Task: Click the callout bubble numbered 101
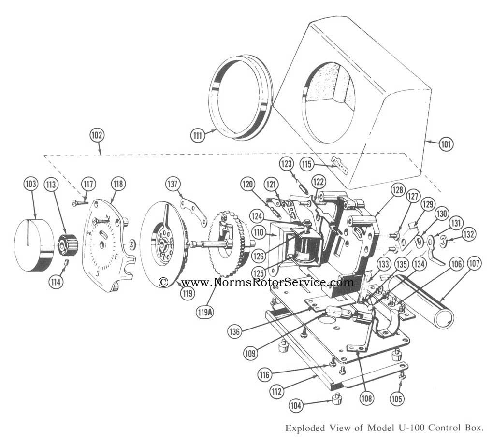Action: click(x=447, y=143)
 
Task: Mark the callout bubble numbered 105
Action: click(x=398, y=399)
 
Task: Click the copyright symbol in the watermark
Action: click(x=164, y=282)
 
